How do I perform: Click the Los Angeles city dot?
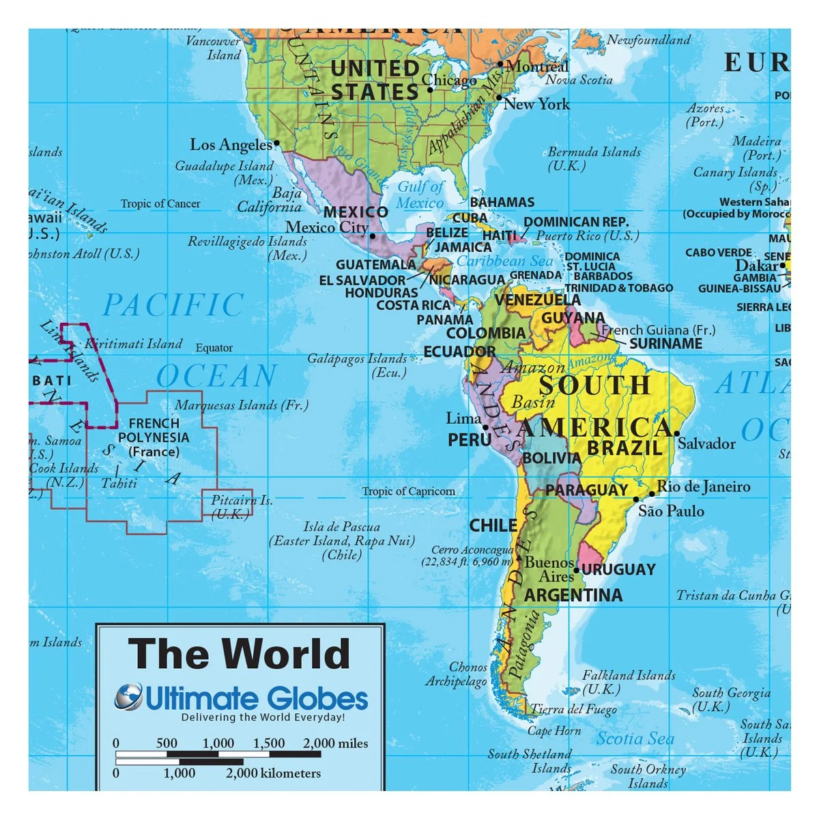coord(276,144)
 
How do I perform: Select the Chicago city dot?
coord(430,89)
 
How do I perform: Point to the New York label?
coord(536,104)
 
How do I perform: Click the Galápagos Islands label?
coord(357,365)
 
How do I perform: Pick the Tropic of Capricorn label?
coord(408,491)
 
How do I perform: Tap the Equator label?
coord(214,348)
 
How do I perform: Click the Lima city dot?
coord(486,428)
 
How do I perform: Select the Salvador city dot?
coord(676,433)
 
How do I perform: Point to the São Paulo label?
coord(671,511)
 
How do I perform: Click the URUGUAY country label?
coord(618,569)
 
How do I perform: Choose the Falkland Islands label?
coord(629,682)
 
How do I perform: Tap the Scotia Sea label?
coord(635,738)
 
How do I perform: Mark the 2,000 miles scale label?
coord(335,743)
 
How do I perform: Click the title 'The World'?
coord(239,653)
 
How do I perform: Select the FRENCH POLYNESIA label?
coord(154,437)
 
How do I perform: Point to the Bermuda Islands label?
coord(594,158)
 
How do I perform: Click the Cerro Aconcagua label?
coord(471,556)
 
